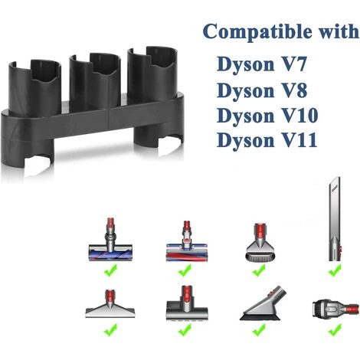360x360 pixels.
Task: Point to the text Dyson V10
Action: (260, 116)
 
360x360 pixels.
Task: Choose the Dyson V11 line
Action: (260, 142)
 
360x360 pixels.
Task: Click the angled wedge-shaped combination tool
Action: (261, 306)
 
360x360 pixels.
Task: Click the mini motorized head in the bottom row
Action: (185, 304)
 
